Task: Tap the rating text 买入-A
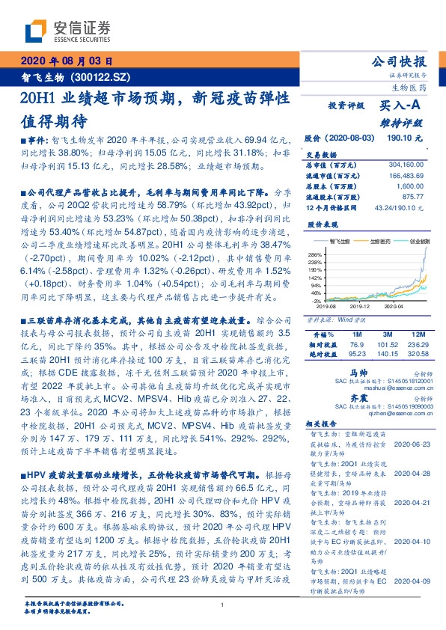[x=397, y=106]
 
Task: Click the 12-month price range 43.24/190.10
[x=399, y=205]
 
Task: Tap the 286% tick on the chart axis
[x=313, y=255]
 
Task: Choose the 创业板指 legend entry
[x=413, y=240]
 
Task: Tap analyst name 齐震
[x=358, y=400]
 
